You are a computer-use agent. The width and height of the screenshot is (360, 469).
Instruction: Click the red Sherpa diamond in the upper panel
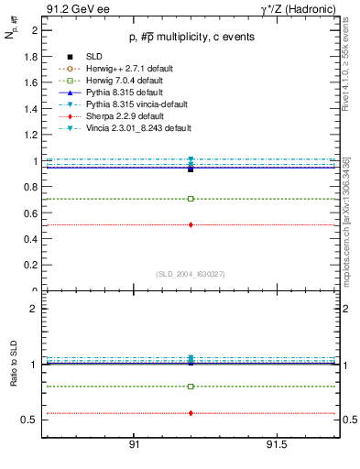click(191, 224)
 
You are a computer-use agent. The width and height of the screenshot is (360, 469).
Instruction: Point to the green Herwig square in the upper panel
click(191, 199)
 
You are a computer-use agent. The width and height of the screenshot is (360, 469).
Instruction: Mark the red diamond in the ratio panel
click(191, 413)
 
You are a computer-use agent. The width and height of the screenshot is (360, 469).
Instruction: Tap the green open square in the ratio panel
click(191, 387)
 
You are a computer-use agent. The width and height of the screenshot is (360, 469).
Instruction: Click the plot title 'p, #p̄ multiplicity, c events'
click(190, 37)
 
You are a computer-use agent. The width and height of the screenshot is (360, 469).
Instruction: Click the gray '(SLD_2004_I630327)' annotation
click(191, 273)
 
